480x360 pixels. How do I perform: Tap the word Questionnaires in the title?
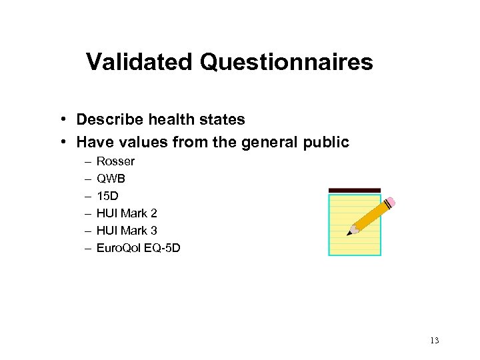coord(286,62)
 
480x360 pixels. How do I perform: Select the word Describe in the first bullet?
coord(110,120)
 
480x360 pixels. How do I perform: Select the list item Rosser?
coord(115,161)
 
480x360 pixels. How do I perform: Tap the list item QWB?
coord(111,179)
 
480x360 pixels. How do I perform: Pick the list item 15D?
coord(107,196)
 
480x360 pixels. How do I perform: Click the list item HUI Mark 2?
coord(127,213)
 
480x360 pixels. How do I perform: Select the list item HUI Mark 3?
coord(127,231)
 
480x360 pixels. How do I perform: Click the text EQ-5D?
coord(163,248)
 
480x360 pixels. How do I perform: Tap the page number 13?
coord(434,341)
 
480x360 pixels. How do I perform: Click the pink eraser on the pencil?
coord(390,202)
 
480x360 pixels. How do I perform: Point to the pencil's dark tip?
coord(349,233)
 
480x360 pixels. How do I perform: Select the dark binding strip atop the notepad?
coord(355,191)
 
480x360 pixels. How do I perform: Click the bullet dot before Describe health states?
coord(61,120)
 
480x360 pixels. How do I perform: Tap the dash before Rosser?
coord(87,161)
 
